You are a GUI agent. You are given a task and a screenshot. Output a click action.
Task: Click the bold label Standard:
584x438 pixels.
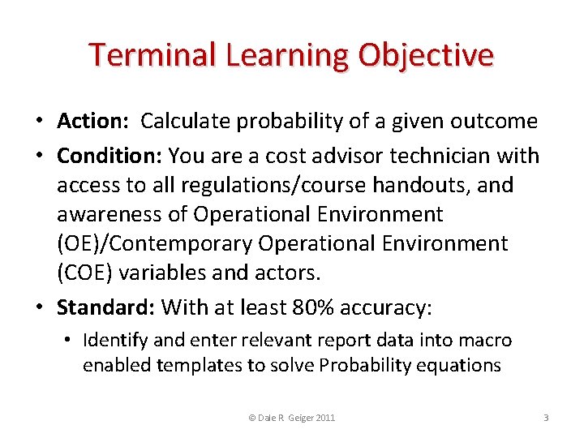point(105,307)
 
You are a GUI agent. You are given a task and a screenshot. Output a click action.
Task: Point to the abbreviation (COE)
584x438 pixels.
point(85,273)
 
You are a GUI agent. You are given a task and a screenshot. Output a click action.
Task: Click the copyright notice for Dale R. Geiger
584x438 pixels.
point(291,417)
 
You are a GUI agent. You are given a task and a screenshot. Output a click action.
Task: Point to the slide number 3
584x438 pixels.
point(546,417)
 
